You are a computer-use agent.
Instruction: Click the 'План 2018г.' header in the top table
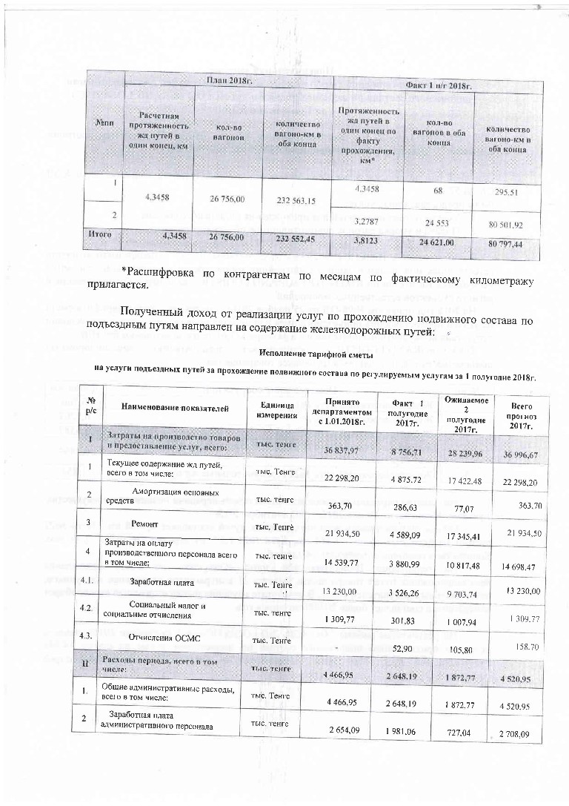pos(228,79)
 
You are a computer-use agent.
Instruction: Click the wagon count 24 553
pos(436,222)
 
